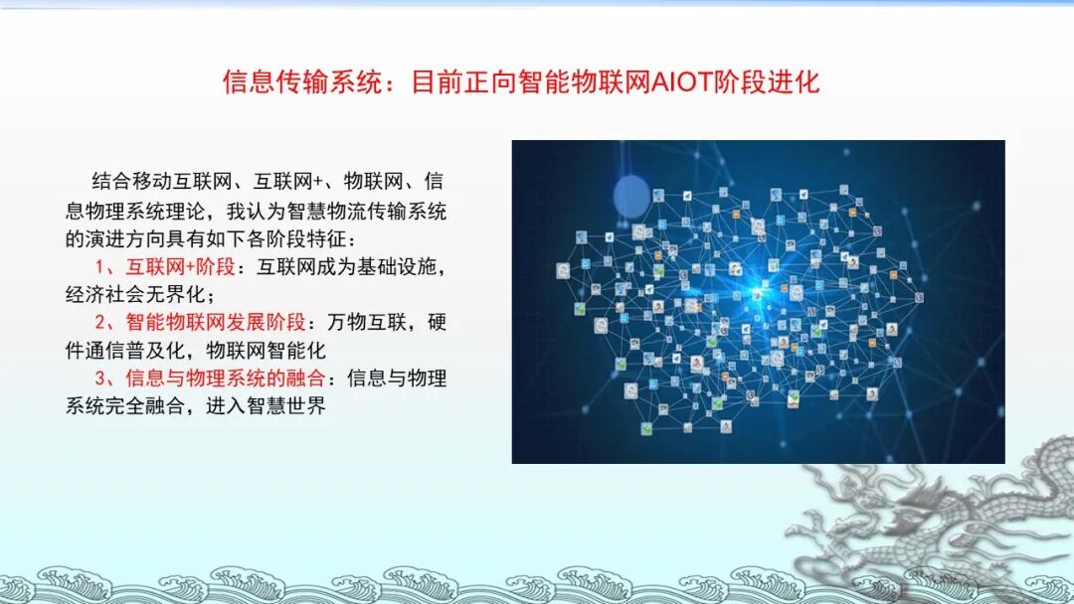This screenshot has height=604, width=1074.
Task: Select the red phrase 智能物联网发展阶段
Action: [x=213, y=323]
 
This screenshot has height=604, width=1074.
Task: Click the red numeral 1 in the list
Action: [x=100, y=267]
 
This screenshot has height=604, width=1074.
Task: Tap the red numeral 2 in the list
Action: [x=100, y=323]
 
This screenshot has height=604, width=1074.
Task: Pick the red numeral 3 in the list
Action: [x=100, y=378]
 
